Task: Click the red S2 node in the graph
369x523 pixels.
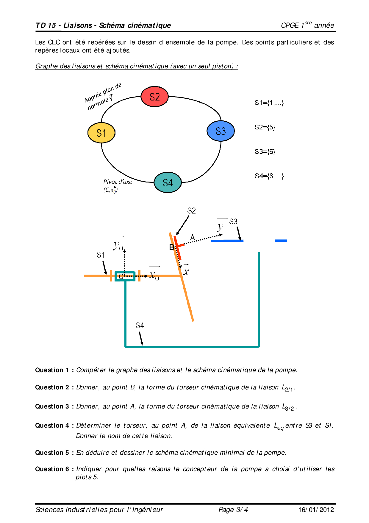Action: click(154, 97)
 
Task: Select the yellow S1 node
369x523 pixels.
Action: click(101, 133)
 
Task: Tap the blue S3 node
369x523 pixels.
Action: click(221, 131)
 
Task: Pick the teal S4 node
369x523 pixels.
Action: click(168, 182)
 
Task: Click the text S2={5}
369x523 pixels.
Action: click(265, 127)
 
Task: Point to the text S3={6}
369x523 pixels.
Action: click(265, 152)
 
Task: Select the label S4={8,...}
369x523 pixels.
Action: click(269, 176)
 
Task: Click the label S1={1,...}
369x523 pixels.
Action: click(269, 103)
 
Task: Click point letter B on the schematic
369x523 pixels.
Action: click(171, 247)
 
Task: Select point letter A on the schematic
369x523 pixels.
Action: click(193, 237)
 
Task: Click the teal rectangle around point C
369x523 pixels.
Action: click(125, 276)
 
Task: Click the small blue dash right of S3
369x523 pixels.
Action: click(281, 241)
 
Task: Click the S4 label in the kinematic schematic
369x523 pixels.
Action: click(140, 325)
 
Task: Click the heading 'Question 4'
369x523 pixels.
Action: click(52, 425)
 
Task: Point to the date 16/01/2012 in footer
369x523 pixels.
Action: click(316, 510)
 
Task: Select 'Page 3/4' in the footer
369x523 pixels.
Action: click(233, 510)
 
